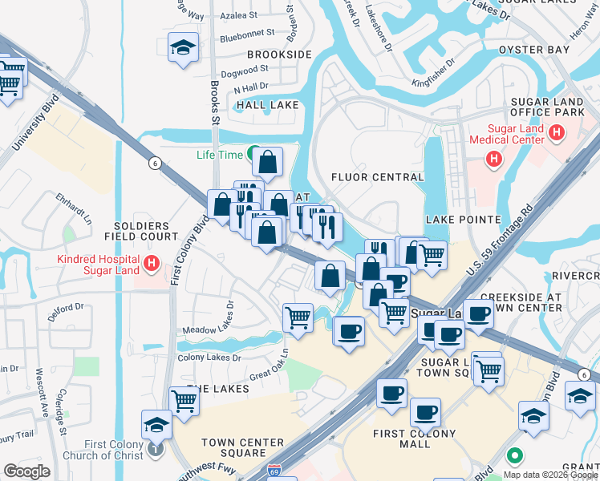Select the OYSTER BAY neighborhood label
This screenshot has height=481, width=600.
point(533,50)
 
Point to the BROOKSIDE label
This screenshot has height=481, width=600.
point(279,55)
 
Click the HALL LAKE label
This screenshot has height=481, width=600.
point(267,105)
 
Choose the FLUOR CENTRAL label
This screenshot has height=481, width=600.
point(377,177)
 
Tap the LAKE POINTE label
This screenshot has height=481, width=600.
point(464,219)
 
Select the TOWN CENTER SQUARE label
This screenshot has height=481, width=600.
point(243,447)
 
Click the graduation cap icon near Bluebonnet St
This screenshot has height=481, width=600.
point(183,48)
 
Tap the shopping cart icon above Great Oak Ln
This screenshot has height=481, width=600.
point(298,317)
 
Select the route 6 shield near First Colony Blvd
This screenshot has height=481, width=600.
point(153,163)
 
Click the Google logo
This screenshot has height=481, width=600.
point(26,471)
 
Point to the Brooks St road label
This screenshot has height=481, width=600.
point(215,104)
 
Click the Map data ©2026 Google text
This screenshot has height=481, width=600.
point(550,474)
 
